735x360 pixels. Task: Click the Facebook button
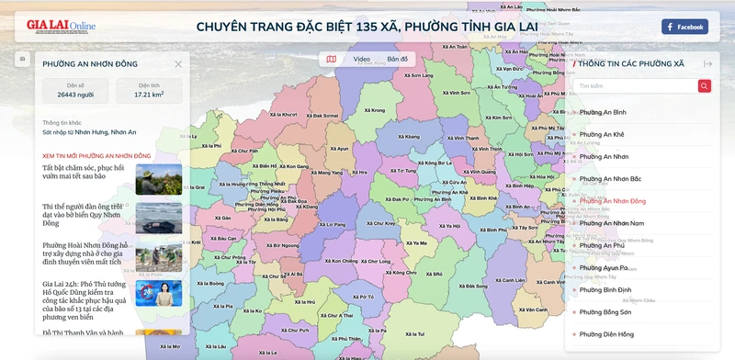click(x=684, y=27)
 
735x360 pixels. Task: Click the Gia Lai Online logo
click(x=61, y=26)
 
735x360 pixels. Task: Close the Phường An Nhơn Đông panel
click(x=178, y=64)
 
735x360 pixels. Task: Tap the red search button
click(x=704, y=86)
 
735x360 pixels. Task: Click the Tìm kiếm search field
click(x=634, y=86)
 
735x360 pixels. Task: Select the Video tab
click(x=361, y=59)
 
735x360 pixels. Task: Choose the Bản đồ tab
click(x=397, y=59)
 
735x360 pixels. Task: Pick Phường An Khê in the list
click(x=602, y=134)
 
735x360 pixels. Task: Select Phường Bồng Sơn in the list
click(x=605, y=312)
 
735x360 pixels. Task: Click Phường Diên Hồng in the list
click(x=606, y=334)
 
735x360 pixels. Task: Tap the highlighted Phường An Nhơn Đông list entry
click(x=612, y=200)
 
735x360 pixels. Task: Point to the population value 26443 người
click(x=75, y=95)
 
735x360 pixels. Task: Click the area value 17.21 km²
click(x=148, y=95)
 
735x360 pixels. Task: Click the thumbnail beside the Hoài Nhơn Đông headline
click(x=158, y=257)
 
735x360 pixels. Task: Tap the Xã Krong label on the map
click(x=374, y=110)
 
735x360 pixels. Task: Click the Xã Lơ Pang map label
click(x=333, y=224)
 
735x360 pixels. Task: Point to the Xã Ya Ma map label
click(x=416, y=243)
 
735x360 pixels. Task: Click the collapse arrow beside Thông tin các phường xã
click(x=708, y=64)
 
